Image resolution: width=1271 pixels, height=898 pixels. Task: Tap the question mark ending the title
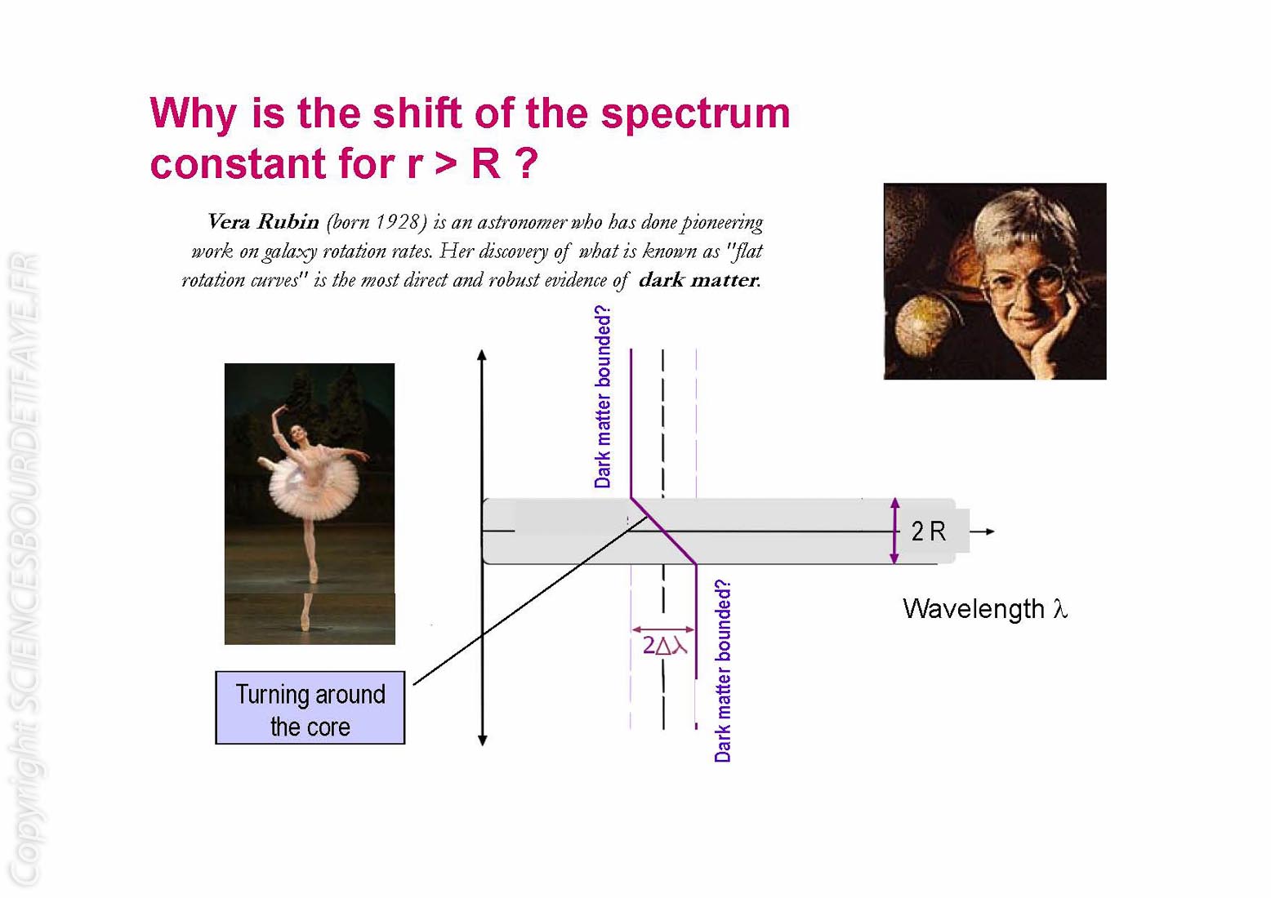(x=526, y=162)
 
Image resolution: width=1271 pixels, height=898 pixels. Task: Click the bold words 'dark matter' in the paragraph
(x=699, y=280)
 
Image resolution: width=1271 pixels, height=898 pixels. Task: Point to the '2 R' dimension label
(x=928, y=531)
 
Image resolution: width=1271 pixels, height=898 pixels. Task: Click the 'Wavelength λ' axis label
(x=985, y=609)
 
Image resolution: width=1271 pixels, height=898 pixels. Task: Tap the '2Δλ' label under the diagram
(x=664, y=645)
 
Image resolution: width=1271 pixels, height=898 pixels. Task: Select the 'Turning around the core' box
(x=310, y=708)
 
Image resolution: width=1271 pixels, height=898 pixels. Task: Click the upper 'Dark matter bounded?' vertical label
(x=602, y=396)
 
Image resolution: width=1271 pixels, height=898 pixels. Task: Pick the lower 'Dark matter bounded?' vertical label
(x=722, y=671)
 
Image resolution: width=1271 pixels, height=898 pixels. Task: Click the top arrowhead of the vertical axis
(x=482, y=355)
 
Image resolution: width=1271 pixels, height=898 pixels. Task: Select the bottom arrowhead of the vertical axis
(x=482, y=740)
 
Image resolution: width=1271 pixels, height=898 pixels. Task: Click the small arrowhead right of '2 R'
(x=990, y=531)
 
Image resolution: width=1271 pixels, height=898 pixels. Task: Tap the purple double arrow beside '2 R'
(x=894, y=531)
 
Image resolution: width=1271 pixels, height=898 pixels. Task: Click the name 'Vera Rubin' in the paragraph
(x=263, y=221)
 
